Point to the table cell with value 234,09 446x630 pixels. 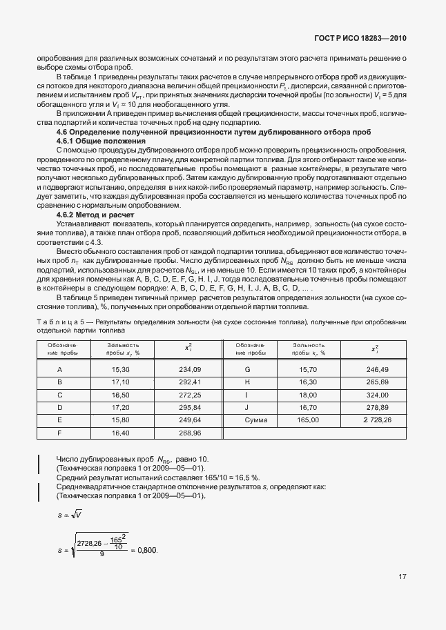[x=188, y=370]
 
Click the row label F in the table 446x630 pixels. [x=60, y=433]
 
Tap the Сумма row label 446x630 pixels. [x=246, y=420]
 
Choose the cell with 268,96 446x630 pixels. [x=188, y=433]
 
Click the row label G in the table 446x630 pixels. [x=246, y=370]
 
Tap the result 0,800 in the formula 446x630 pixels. [x=147, y=550]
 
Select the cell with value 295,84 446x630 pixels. [x=188, y=407]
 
